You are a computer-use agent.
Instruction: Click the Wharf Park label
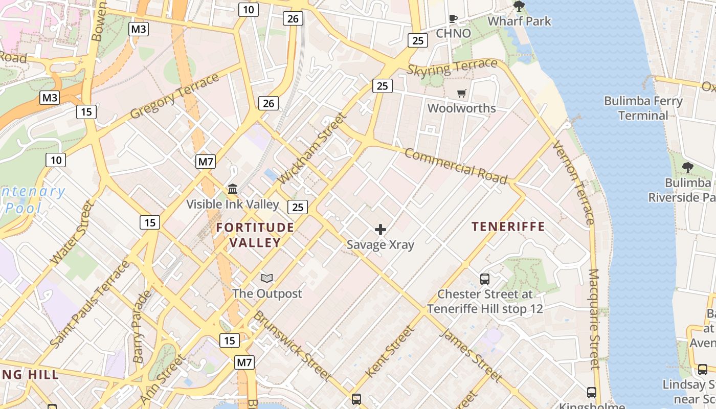[x=519, y=21]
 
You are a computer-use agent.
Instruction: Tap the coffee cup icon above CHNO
[x=453, y=19]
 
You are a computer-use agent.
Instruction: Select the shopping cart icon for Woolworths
[x=462, y=93]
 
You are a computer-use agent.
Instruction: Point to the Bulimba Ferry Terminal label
[x=643, y=108]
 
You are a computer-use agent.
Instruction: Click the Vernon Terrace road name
[x=574, y=183]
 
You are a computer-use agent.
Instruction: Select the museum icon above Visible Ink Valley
[x=233, y=189]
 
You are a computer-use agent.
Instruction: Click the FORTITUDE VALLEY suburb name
[x=255, y=235]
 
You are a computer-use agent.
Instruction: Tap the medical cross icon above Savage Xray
[x=381, y=230]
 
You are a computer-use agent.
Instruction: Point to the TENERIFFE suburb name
[x=508, y=226]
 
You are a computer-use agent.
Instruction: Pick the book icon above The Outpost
[x=267, y=279]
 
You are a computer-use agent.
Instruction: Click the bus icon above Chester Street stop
[x=485, y=279]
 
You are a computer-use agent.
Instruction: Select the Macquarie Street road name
[x=594, y=319]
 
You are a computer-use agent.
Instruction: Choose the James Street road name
[x=471, y=355]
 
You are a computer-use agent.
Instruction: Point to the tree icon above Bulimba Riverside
[x=688, y=167]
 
